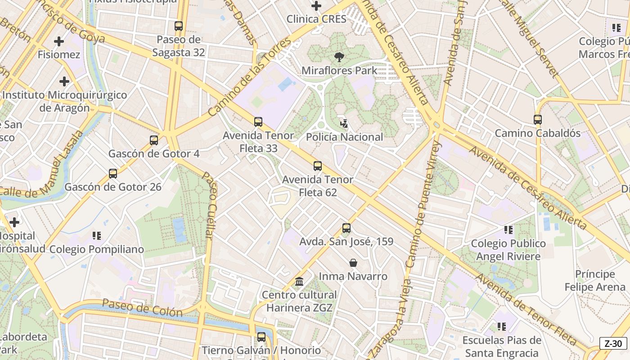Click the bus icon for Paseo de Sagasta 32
coord(179,26)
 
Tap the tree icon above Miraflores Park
coord(339,57)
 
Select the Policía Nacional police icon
coord(344,123)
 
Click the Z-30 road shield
coord(613,343)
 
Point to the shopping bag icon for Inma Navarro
coord(353,263)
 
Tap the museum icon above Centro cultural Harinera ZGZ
coord(299,282)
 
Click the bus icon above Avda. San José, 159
coord(346,228)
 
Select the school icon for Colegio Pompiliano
coord(96,236)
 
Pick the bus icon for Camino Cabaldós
coord(537,120)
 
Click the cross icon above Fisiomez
coord(58,42)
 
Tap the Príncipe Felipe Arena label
coord(595,280)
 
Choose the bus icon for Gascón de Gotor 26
coord(113,174)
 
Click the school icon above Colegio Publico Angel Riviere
coord(508,230)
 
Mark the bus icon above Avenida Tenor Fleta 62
coord(318,166)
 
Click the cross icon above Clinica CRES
coord(316,6)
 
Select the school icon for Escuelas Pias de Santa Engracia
coord(502,327)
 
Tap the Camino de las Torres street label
coord(250,77)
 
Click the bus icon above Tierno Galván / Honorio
coord(261,337)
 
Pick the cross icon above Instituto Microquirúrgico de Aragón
coord(64,81)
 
